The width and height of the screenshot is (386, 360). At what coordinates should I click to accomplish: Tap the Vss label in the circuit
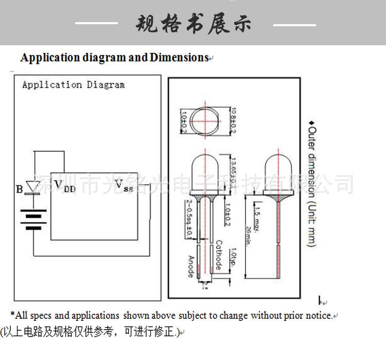pyautogui.click(x=124, y=185)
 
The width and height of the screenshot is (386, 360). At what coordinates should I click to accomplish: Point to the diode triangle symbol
pyautogui.click(x=33, y=187)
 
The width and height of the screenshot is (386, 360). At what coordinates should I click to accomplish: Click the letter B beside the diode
pyautogui.click(x=20, y=189)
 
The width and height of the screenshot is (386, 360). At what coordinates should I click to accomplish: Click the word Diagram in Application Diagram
pyautogui.click(x=106, y=85)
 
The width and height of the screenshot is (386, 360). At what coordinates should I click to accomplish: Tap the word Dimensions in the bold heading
pyautogui.click(x=179, y=58)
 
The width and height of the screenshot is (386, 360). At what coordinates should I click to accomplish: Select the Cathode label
pyautogui.click(x=218, y=255)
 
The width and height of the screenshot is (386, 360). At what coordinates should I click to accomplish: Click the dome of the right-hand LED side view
pyautogui.click(x=278, y=170)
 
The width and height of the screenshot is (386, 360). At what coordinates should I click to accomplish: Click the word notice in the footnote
pyautogui.click(x=320, y=316)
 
